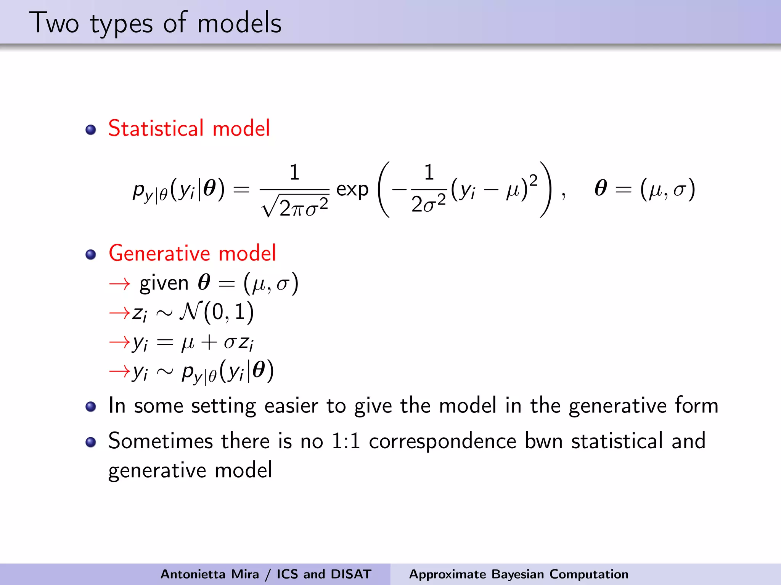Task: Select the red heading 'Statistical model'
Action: pyautogui.click(x=189, y=128)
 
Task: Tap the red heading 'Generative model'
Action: pyautogui.click(x=192, y=253)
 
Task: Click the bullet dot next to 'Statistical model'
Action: pyautogui.click(x=91, y=130)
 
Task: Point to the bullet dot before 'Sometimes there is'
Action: pyautogui.click(x=91, y=442)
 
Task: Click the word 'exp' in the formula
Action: pyautogui.click(x=352, y=189)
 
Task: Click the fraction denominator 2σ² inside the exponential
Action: pyautogui.click(x=428, y=204)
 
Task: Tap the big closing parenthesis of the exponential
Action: pyautogui.click(x=545, y=189)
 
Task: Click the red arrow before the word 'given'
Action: pyautogui.click(x=119, y=284)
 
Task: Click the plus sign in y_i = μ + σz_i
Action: pyautogui.click(x=209, y=342)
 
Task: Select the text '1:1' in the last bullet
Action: pyautogui.click(x=346, y=441)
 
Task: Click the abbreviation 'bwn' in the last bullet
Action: pyautogui.click(x=544, y=441)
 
